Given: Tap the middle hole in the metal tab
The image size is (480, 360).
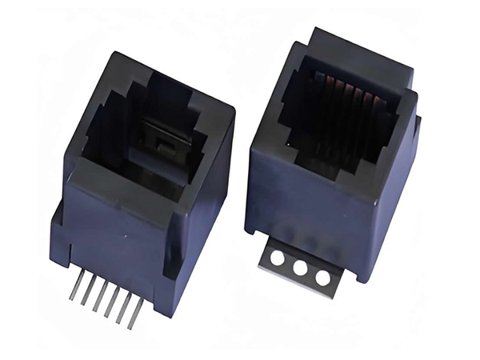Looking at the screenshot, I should [301, 268].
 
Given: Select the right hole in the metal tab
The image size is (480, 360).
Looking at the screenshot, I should [322, 278].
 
